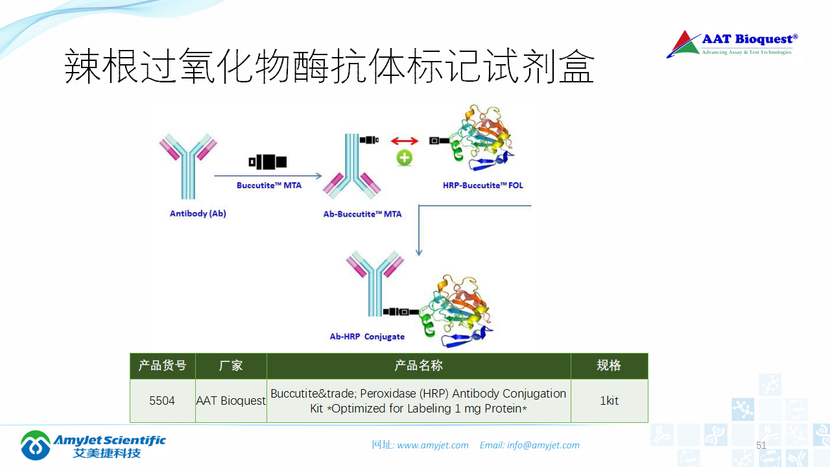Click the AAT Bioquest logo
[732, 44]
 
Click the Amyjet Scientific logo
[93, 445]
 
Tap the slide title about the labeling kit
[329, 67]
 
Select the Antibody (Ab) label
[198, 213]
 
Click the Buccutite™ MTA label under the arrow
[268, 186]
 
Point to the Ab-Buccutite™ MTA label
[362, 214]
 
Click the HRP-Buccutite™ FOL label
[483, 186]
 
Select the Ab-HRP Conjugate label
[367, 337]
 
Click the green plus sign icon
[405, 158]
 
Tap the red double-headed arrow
[405, 141]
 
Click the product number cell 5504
[162, 401]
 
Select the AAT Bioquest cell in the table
[231, 401]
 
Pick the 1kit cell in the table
[609, 401]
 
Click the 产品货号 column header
[162, 366]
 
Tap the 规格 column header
[609, 366]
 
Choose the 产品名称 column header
[418, 366]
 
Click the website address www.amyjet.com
[433, 445]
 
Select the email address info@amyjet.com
[543, 445]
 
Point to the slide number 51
[761, 445]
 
